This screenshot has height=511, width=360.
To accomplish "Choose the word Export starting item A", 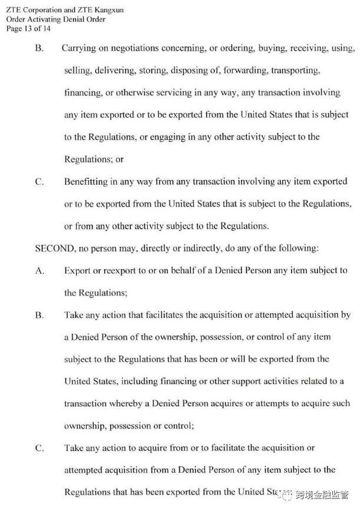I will [x=77, y=270].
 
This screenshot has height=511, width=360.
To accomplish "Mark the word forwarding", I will [x=246, y=70].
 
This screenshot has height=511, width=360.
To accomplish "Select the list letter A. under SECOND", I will [x=40, y=270].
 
